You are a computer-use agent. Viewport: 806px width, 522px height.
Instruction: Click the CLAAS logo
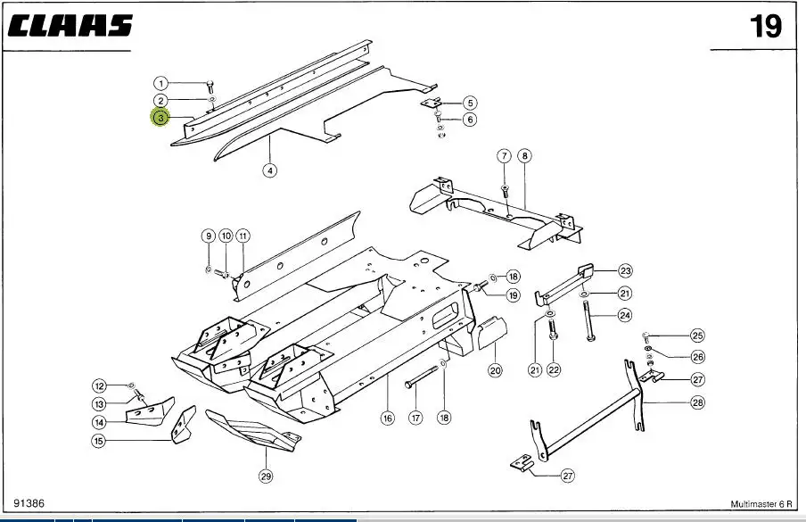click(70, 25)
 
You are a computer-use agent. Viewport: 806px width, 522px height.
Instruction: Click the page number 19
click(765, 27)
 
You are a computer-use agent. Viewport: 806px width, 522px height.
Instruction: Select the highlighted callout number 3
click(160, 118)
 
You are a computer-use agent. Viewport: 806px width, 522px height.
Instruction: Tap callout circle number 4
click(270, 170)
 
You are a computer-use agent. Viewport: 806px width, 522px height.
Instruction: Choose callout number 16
click(387, 418)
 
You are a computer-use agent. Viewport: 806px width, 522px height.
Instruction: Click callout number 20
click(495, 369)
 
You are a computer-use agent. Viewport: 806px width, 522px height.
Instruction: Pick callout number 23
click(625, 270)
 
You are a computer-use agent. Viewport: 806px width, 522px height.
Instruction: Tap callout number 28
click(696, 403)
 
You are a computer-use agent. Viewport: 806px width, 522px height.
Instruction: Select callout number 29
click(266, 476)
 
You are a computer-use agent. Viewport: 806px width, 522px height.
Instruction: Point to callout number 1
click(160, 83)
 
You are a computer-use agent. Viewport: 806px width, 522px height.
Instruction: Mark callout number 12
click(100, 386)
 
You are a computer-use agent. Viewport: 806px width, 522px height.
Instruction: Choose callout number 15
click(99, 441)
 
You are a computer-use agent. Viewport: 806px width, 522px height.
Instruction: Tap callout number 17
click(415, 418)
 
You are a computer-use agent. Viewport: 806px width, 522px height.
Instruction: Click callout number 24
click(625, 315)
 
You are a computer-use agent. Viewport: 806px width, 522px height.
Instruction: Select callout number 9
click(209, 236)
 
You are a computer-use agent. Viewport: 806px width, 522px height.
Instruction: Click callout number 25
click(696, 336)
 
